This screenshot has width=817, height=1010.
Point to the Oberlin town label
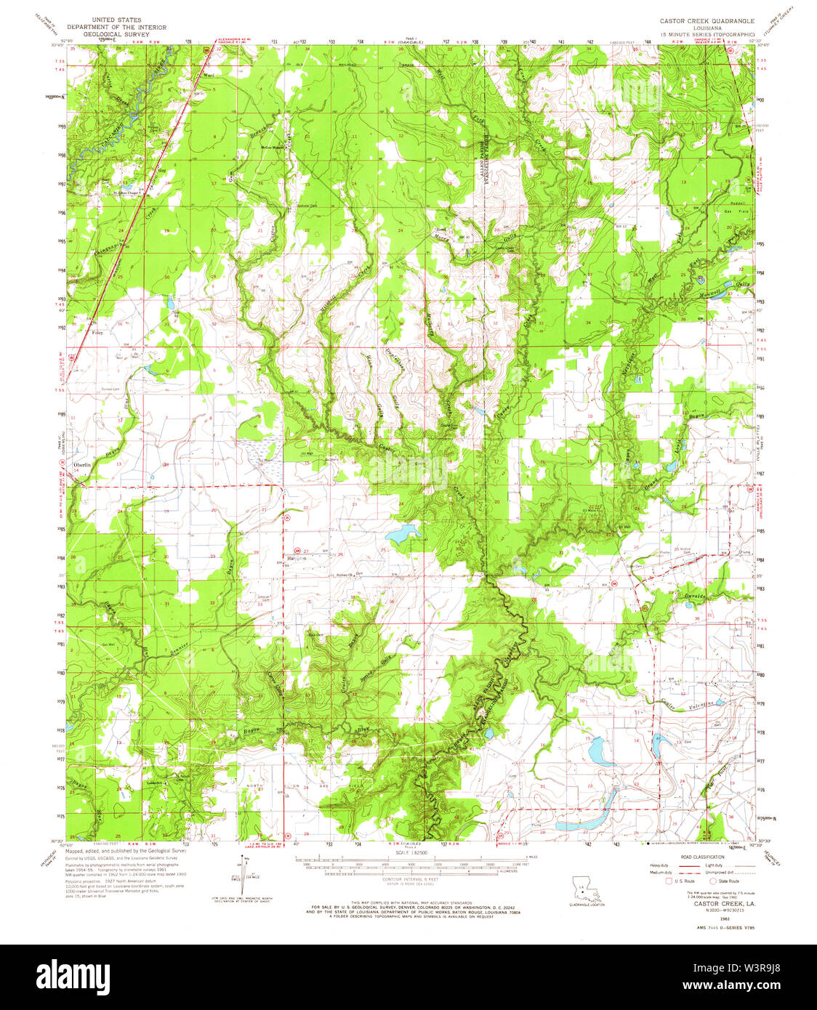(81, 464)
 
